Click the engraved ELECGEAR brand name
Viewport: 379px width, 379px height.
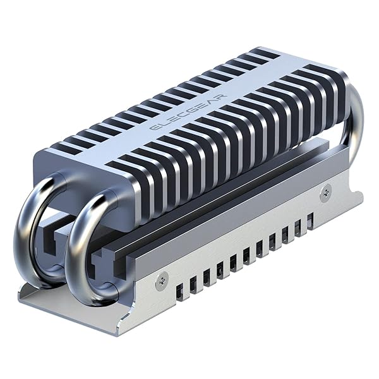[x=188, y=112]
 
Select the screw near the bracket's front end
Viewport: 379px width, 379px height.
[x=161, y=280]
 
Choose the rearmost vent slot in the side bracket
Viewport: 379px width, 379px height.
[x=310, y=221]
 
